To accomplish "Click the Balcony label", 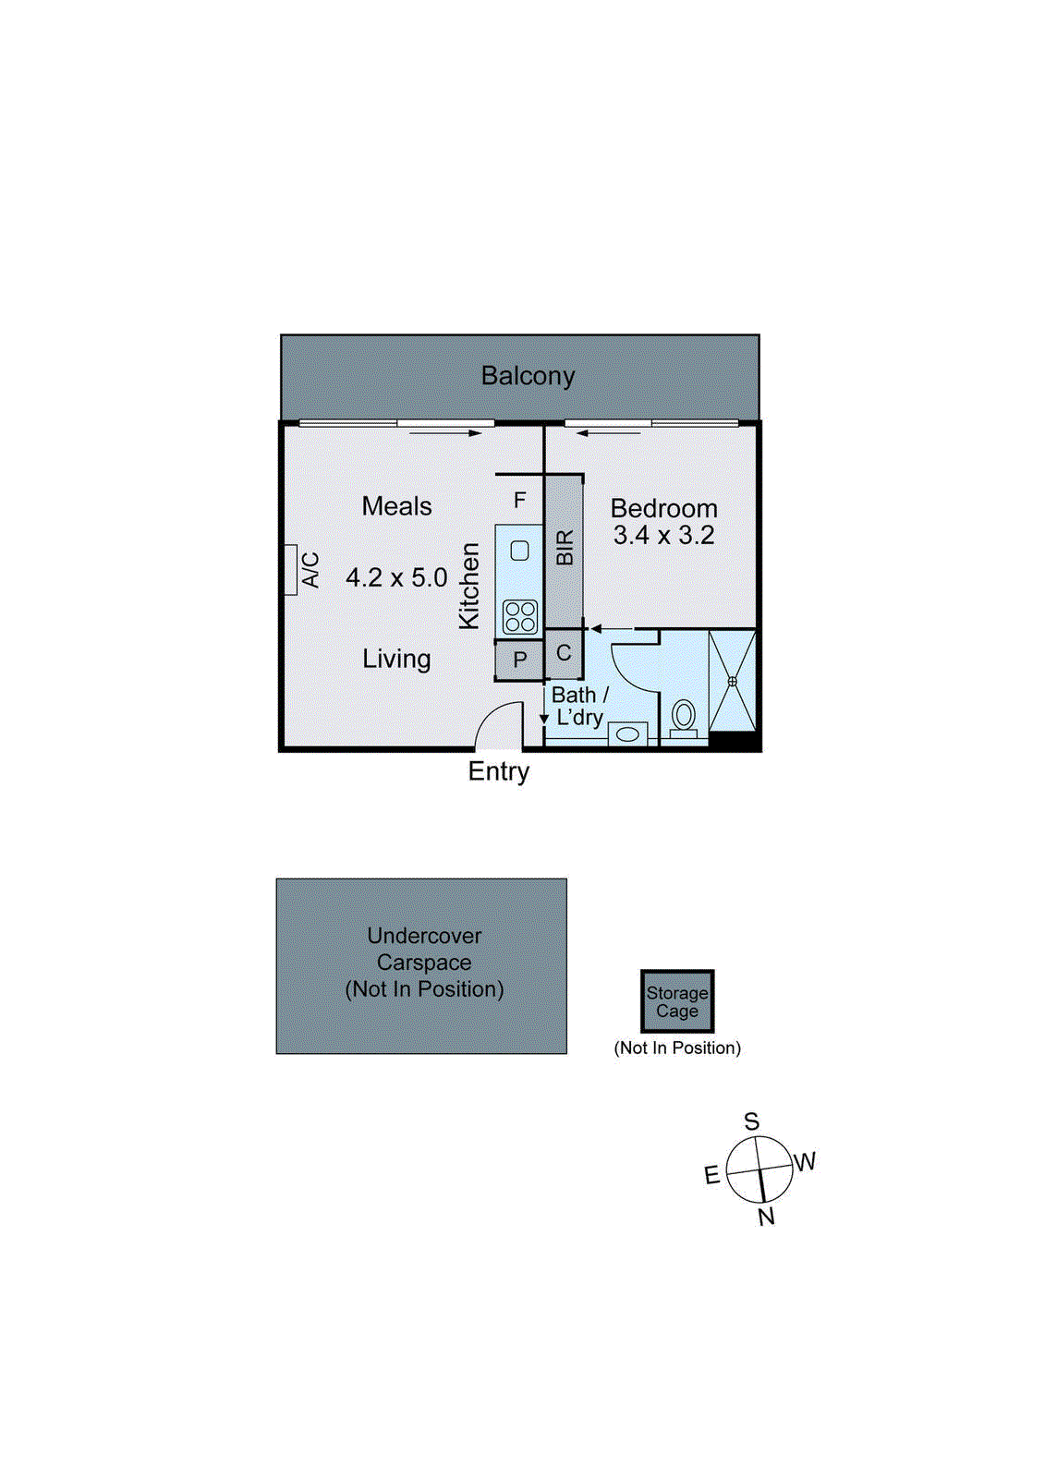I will click(528, 376).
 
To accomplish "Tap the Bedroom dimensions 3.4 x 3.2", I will click(663, 535).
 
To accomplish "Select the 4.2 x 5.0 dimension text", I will click(396, 578).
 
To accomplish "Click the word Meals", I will click(396, 506).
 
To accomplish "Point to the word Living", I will click(396, 659).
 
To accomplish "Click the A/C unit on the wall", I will click(291, 570).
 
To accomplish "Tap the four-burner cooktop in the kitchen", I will click(520, 616).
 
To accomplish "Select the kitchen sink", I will click(519, 551).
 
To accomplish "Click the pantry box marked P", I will click(519, 660).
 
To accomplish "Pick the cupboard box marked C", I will click(564, 653).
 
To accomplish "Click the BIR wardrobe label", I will click(565, 548).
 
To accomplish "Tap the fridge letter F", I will click(520, 500).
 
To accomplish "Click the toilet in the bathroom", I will click(684, 715).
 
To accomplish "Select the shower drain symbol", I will click(732, 681).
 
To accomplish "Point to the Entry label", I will click(499, 771).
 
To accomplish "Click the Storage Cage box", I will click(677, 1001).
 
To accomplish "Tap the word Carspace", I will click(424, 963).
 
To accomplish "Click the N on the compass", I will click(766, 1217).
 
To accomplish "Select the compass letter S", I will click(752, 1121).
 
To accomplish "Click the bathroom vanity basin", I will click(627, 734).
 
